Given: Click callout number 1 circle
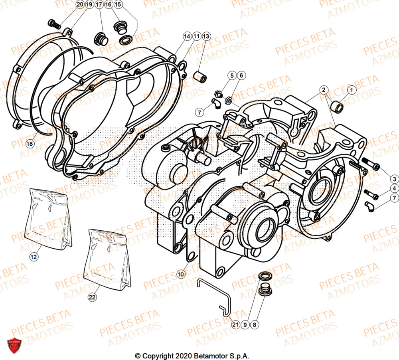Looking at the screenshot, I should point(351,91).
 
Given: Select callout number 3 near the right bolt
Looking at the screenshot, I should point(393,178).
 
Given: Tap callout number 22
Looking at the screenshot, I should point(92,297).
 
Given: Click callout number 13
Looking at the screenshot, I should point(205,36).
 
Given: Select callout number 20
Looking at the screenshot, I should point(80,5).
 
